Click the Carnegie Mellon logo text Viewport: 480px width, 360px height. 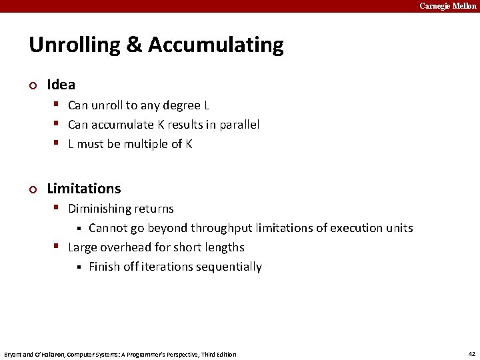tap(448, 6)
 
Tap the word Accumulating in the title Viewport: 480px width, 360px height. tap(216, 45)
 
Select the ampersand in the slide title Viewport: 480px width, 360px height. tap(134, 45)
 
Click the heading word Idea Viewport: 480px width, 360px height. tap(61, 85)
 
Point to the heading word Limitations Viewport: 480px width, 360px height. tap(84, 189)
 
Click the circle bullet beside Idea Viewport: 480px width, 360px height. tap(33, 85)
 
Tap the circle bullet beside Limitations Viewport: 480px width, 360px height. tap(33, 189)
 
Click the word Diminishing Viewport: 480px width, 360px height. tap(99, 209)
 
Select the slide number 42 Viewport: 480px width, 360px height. tap(471, 354)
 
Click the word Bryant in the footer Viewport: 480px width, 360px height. tap(13, 354)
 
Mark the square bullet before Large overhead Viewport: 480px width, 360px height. tap(58, 247)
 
